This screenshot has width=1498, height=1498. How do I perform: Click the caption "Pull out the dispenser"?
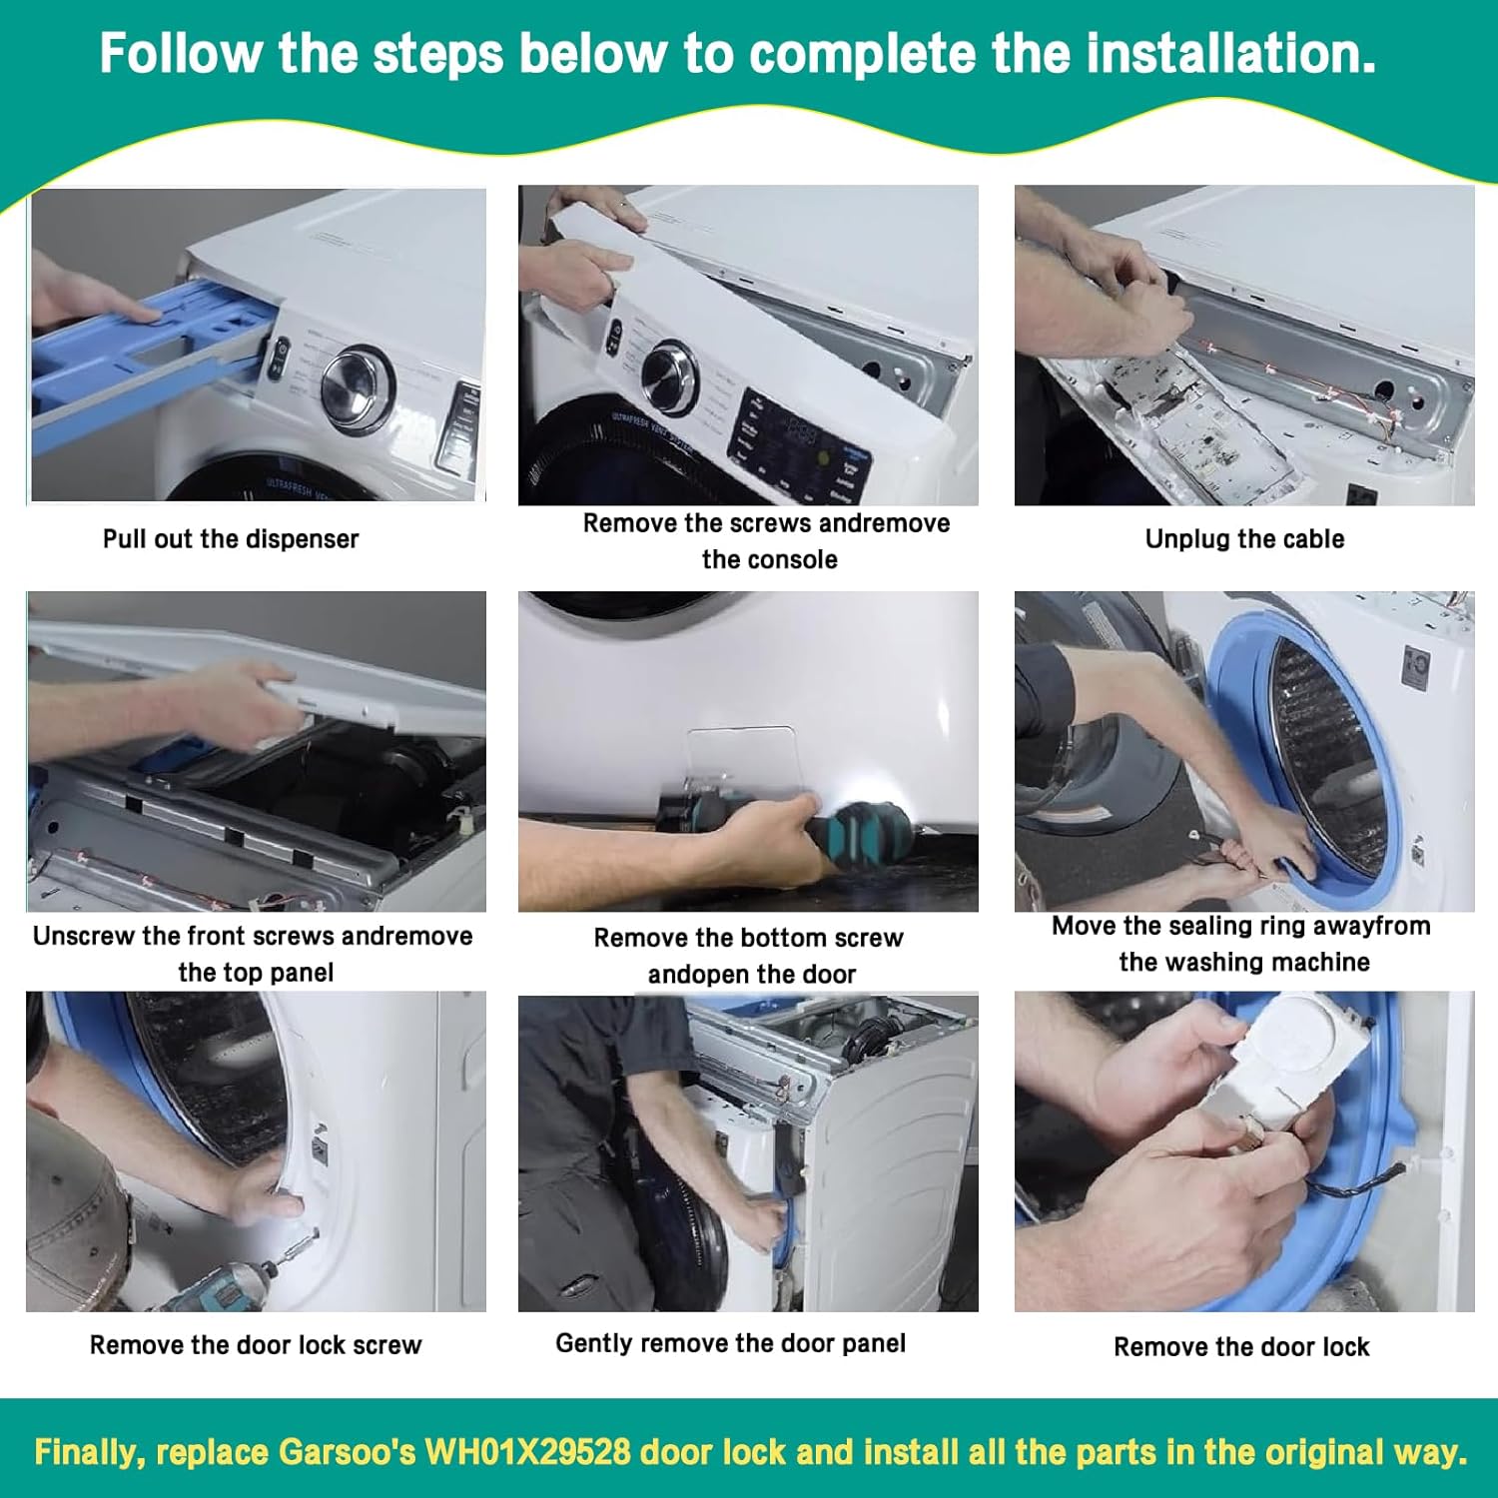pos(231,539)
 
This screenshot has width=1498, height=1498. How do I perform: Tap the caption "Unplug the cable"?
pos(1244,539)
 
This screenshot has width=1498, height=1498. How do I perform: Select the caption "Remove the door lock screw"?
pos(256,1345)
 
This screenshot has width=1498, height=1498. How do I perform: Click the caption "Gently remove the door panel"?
pos(730,1343)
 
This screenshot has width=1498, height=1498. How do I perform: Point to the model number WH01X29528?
pos(528,1452)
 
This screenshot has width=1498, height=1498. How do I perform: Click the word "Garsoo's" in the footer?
pos(347,1452)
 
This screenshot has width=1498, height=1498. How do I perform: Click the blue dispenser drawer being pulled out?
pos(130,350)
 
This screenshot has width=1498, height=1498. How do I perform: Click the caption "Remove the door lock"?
pos(1241,1347)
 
